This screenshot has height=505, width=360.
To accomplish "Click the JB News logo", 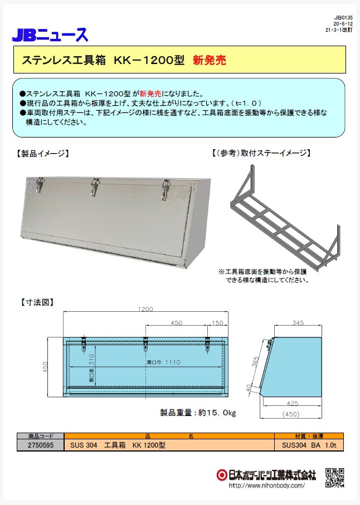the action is click(x=50, y=35).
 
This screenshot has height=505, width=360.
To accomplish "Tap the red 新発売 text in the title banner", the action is click(x=210, y=60).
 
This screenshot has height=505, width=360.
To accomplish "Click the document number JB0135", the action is click(x=344, y=18).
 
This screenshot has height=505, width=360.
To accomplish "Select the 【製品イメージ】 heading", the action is click(x=42, y=154).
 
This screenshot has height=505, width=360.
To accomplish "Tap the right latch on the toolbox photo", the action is click(x=166, y=189).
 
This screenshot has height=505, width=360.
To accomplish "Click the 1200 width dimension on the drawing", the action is click(x=145, y=309).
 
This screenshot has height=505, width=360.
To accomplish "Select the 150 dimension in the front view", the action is click(x=217, y=323).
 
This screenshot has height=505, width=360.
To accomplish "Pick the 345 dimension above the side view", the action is click(x=298, y=322).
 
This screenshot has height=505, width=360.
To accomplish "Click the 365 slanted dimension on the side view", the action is click(x=255, y=362).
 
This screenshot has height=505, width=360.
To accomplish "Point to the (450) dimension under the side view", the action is click(x=291, y=414).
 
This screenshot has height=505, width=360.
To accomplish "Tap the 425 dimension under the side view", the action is click(x=293, y=403).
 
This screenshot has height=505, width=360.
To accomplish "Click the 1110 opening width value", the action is click(x=173, y=362).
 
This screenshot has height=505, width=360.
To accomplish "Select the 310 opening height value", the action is click(x=91, y=359).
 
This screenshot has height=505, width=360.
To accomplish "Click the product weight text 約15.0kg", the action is click(x=217, y=413).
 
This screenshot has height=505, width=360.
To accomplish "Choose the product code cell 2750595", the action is click(x=41, y=445).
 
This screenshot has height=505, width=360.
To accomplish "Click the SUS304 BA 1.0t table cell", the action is click(x=309, y=445).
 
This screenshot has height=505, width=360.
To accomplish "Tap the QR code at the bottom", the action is click(x=334, y=478).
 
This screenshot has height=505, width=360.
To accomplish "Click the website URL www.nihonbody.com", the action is click(x=266, y=485).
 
